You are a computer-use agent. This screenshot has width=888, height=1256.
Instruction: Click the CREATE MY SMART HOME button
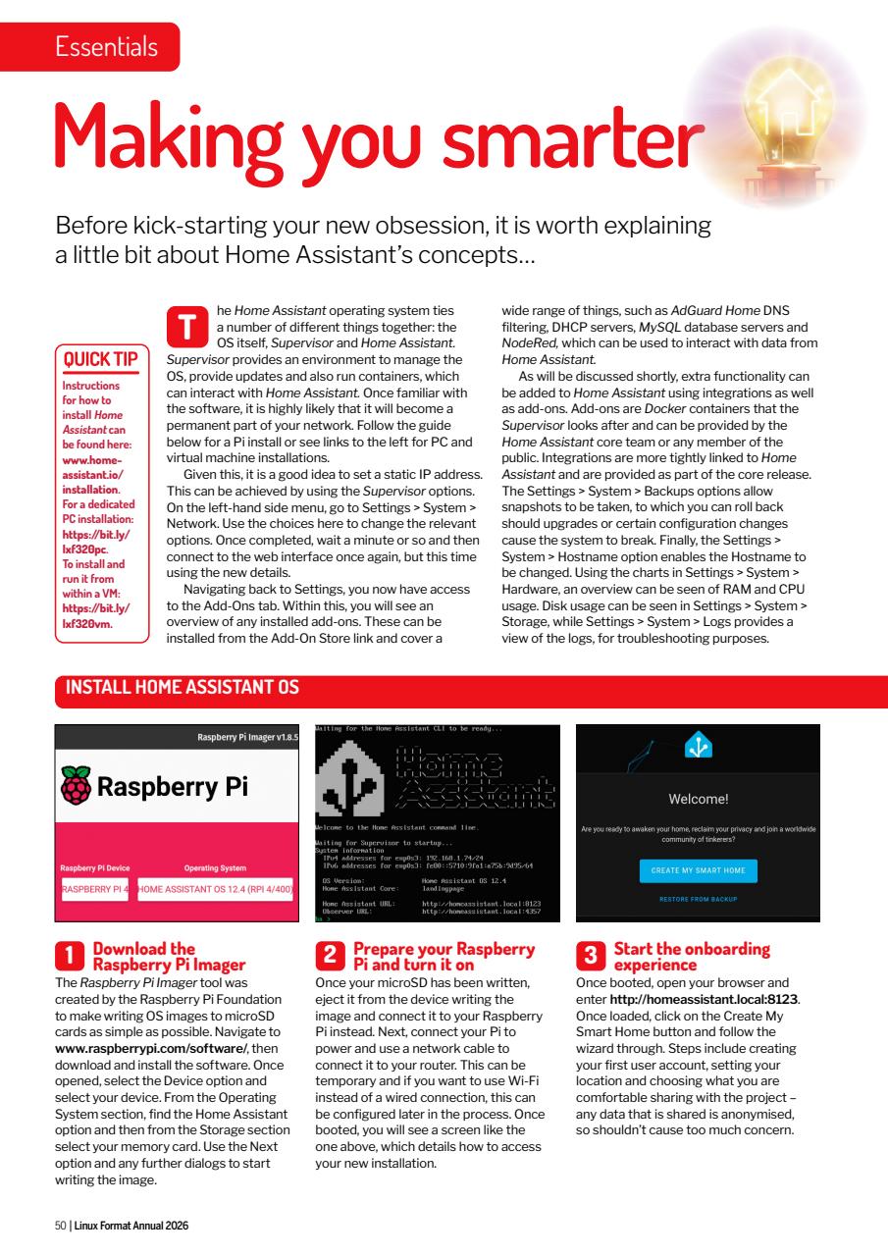699,870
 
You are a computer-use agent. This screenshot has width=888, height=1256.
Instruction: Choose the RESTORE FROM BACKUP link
699,899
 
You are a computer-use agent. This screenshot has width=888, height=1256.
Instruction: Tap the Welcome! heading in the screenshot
698,799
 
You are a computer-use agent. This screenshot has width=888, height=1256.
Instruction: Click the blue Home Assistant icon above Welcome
698,748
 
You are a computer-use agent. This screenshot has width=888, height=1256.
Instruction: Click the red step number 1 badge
69,953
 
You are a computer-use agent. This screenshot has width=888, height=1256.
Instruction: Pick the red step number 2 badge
330,953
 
